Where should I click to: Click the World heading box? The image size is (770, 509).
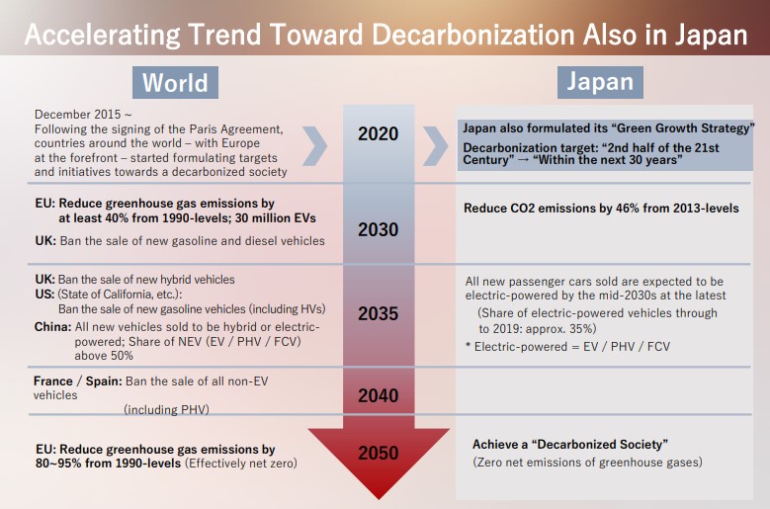pyautogui.click(x=175, y=82)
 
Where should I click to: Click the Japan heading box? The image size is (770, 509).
pyautogui.click(x=600, y=82)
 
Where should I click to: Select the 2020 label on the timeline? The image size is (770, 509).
pyautogui.click(x=379, y=134)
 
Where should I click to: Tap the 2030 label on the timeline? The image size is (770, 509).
pyautogui.click(x=379, y=229)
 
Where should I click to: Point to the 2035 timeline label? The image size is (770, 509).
pyautogui.click(x=379, y=313)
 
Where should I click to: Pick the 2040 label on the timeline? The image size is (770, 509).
pyautogui.click(x=379, y=395)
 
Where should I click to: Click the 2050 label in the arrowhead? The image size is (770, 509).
pyautogui.click(x=379, y=453)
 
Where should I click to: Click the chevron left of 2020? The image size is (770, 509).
pyautogui.click(x=314, y=145)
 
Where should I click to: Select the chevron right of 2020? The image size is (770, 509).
pyautogui.click(x=436, y=145)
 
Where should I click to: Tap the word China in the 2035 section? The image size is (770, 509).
pyautogui.click(x=52, y=327)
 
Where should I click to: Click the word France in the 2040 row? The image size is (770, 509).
pyautogui.click(x=53, y=382)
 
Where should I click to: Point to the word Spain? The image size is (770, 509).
pyautogui.click(x=104, y=382)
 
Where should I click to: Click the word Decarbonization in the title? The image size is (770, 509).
pyautogui.click(x=472, y=35)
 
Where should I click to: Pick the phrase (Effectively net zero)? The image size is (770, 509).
pyautogui.click(x=240, y=464)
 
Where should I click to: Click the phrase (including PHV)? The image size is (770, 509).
pyautogui.click(x=166, y=409)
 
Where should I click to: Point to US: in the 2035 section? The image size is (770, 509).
pyautogui.click(x=44, y=294)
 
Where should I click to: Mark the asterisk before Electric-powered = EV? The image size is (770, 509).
pyautogui.click(x=468, y=346)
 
